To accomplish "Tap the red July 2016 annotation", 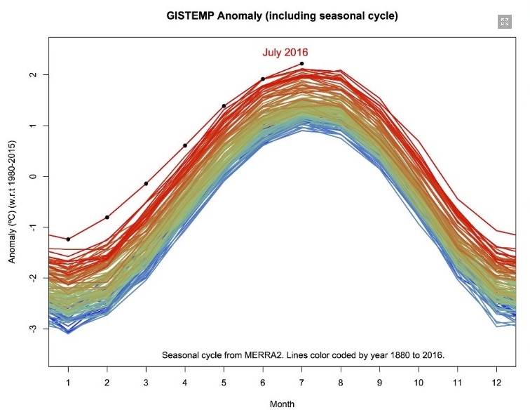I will point(285,52).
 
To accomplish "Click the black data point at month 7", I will point(301,64).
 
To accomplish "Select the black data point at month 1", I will point(68,239).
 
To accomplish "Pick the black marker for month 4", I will point(185,145).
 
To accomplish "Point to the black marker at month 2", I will point(107,217).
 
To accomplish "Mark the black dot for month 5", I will point(224,106).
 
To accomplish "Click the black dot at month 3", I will point(146,183).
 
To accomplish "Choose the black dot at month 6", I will point(263,79).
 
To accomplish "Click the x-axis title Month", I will point(282,404).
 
